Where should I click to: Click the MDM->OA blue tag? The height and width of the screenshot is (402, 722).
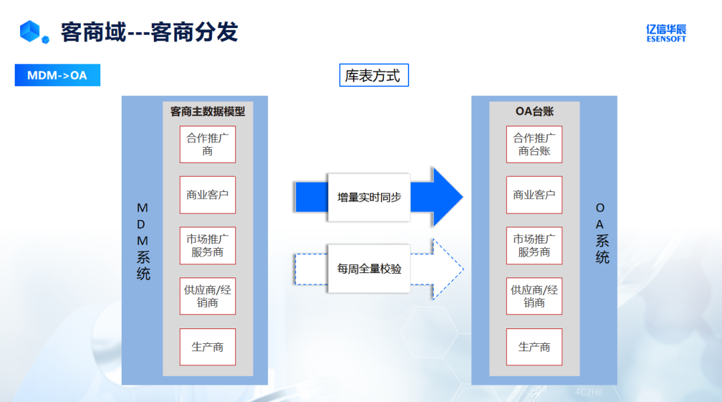click(x=57, y=75)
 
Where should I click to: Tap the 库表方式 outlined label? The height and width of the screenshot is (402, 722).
click(x=374, y=76)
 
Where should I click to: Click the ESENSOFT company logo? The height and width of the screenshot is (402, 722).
click(x=666, y=33)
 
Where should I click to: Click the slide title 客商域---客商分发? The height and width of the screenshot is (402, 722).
click(x=149, y=32)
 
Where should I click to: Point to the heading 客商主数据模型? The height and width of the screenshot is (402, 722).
click(x=208, y=112)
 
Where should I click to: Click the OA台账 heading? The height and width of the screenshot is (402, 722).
click(x=534, y=112)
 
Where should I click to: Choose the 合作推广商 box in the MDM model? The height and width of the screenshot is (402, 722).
click(x=208, y=144)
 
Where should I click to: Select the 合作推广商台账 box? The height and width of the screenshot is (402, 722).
click(x=534, y=144)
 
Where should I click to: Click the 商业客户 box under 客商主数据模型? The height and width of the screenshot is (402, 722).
click(x=208, y=195)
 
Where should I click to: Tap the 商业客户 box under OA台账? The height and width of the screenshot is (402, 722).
click(x=534, y=195)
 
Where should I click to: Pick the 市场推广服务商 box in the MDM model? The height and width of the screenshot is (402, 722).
click(x=208, y=245)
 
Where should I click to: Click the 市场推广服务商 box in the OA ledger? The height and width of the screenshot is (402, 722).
click(x=534, y=245)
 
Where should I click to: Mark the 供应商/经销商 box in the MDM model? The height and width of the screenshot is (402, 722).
click(x=208, y=296)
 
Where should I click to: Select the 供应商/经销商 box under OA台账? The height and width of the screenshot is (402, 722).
click(x=534, y=296)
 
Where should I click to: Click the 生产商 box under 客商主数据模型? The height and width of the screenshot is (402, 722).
click(x=208, y=347)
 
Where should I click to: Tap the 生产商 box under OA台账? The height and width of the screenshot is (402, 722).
click(x=534, y=347)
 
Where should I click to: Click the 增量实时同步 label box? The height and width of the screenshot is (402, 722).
click(x=368, y=197)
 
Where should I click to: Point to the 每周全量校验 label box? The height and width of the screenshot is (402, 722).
click(x=368, y=269)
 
